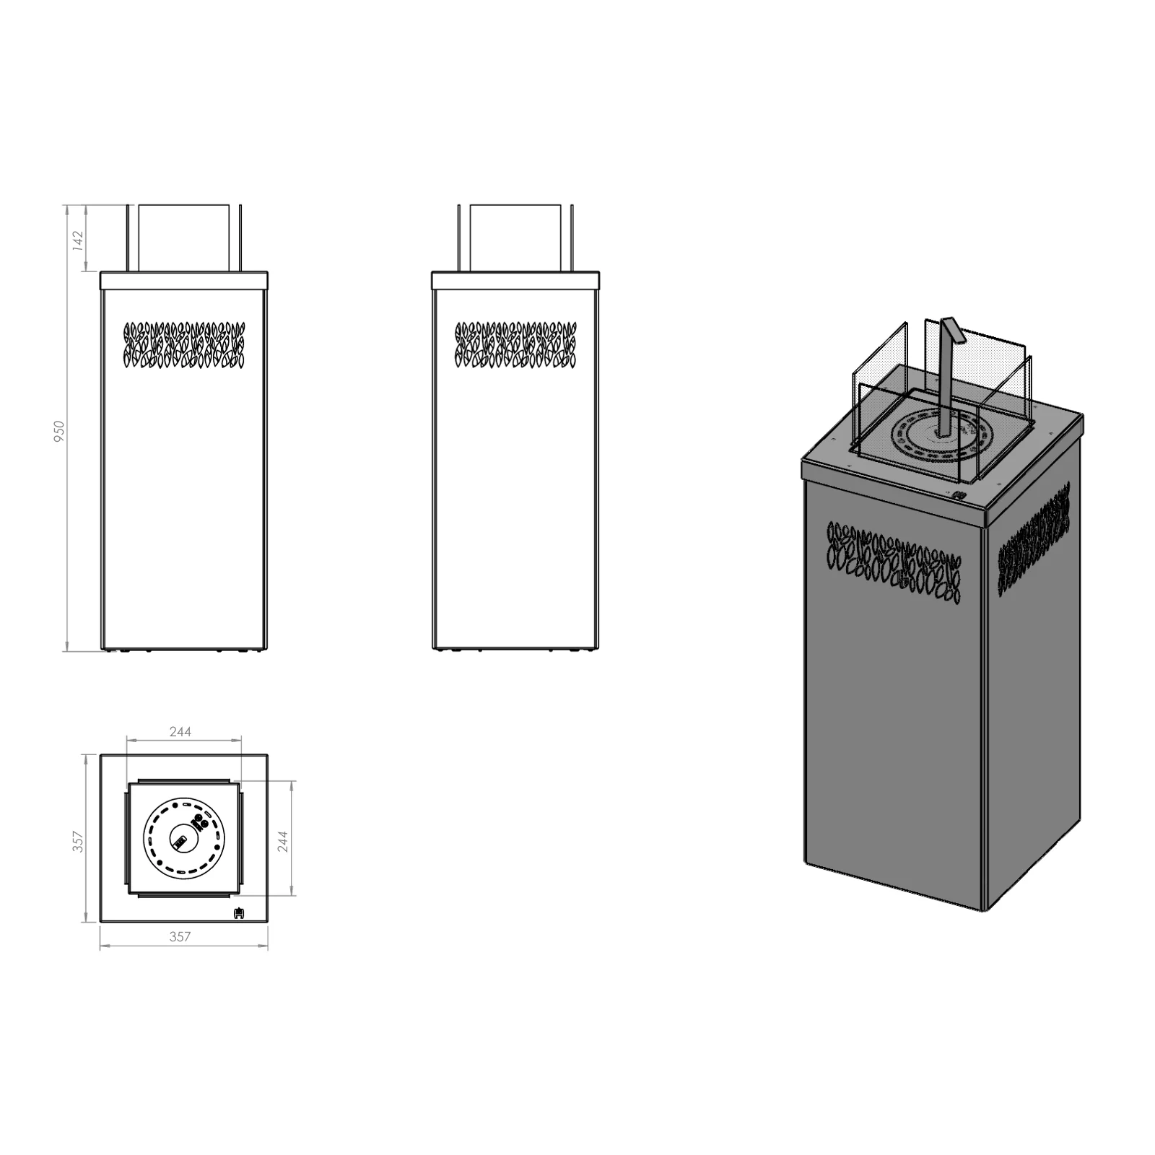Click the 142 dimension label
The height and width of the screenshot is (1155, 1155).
tap(79, 240)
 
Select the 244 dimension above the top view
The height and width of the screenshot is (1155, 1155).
tap(180, 731)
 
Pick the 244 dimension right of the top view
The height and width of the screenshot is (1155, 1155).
tap(283, 841)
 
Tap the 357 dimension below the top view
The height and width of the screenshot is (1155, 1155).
tap(180, 936)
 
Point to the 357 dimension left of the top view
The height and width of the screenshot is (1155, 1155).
tap(79, 841)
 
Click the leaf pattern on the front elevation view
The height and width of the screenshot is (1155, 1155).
tap(185, 344)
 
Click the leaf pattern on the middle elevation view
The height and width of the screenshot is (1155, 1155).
tap(515, 344)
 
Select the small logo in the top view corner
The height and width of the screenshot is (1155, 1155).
tap(239, 912)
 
